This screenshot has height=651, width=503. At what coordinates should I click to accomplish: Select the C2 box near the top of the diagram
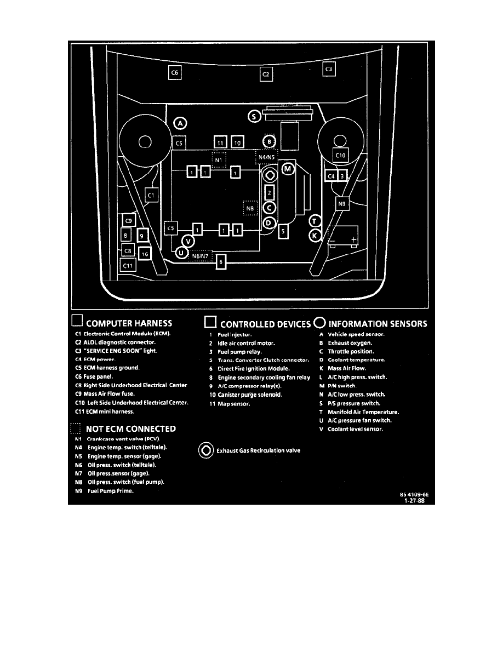(x=266, y=74)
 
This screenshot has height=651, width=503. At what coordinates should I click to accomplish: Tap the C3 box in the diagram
(x=329, y=70)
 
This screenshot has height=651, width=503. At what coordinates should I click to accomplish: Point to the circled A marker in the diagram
(x=180, y=124)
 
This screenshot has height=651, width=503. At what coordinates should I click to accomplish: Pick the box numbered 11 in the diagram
(x=220, y=142)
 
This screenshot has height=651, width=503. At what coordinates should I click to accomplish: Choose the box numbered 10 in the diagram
(x=237, y=142)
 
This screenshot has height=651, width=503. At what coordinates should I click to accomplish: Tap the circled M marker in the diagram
(x=288, y=169)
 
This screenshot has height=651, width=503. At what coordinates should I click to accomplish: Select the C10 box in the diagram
(x=341, y=156)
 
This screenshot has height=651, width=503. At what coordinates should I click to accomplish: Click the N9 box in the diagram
(x=342, y=204)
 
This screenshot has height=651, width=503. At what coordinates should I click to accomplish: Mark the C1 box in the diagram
(x=152, y=194)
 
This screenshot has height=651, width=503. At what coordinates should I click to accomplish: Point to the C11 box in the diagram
(x=128, y=265)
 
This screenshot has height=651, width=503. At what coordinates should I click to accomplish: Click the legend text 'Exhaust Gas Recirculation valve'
(x=258, y=450)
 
